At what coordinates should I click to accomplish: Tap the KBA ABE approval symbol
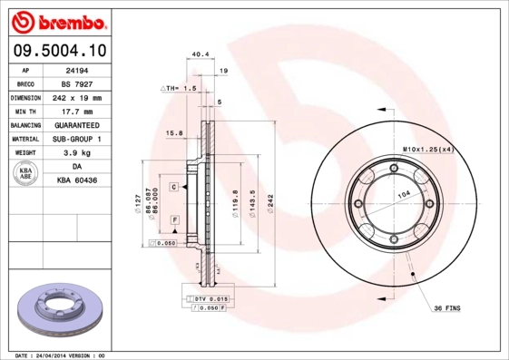[26, 174]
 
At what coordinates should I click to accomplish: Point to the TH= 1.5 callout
[180, 89]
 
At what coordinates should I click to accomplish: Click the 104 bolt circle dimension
[404, 197]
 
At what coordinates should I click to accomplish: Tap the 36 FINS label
[445, 308]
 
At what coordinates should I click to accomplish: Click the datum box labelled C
[172, 187]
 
